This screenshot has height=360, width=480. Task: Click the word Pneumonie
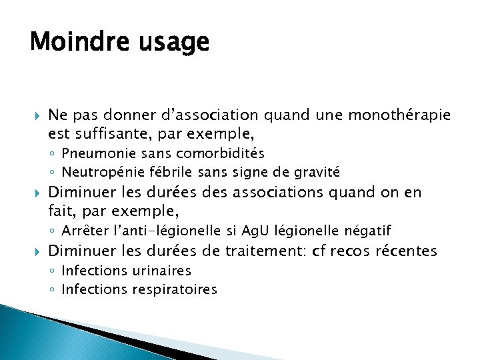93,154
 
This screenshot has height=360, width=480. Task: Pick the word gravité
317,172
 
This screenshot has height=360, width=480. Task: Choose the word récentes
407,251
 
